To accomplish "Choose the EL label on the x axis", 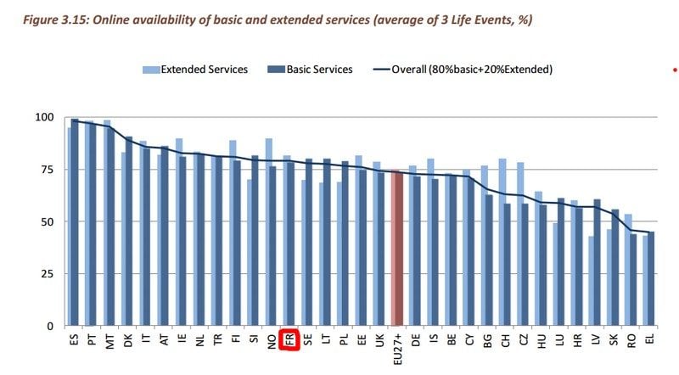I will coord(650,339).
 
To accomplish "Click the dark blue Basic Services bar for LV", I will coord(598,263).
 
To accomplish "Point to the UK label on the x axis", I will coord(378,339).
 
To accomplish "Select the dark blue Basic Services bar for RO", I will coord(633,280).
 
